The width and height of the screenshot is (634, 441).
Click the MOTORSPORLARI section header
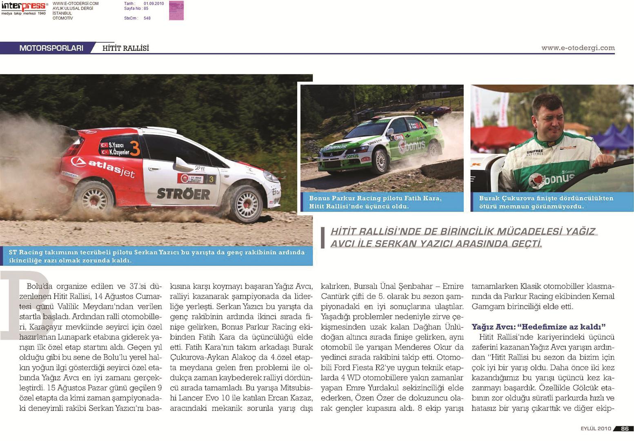point(51,48)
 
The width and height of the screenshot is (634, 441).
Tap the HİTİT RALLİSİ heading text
point(125,48)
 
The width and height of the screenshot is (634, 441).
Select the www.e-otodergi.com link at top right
point(578,48)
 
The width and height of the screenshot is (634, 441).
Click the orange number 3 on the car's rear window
point(135,149)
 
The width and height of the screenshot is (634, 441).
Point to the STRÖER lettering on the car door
point(183,194)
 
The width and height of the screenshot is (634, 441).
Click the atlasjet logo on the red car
point(103,167)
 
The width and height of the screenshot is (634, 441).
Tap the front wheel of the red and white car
point(245,203)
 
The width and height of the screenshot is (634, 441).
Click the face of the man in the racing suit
point(550,116)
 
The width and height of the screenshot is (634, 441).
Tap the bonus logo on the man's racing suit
point(552,178)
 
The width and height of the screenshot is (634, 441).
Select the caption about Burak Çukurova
point(546,202)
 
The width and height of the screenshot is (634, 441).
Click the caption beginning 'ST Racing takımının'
point(156,256)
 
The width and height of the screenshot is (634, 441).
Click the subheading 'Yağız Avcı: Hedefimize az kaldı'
point(538,327)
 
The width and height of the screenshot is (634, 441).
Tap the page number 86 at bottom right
point(625,428)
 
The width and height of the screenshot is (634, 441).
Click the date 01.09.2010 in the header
point(153,4)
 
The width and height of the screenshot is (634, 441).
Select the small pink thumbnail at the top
point(176,10)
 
